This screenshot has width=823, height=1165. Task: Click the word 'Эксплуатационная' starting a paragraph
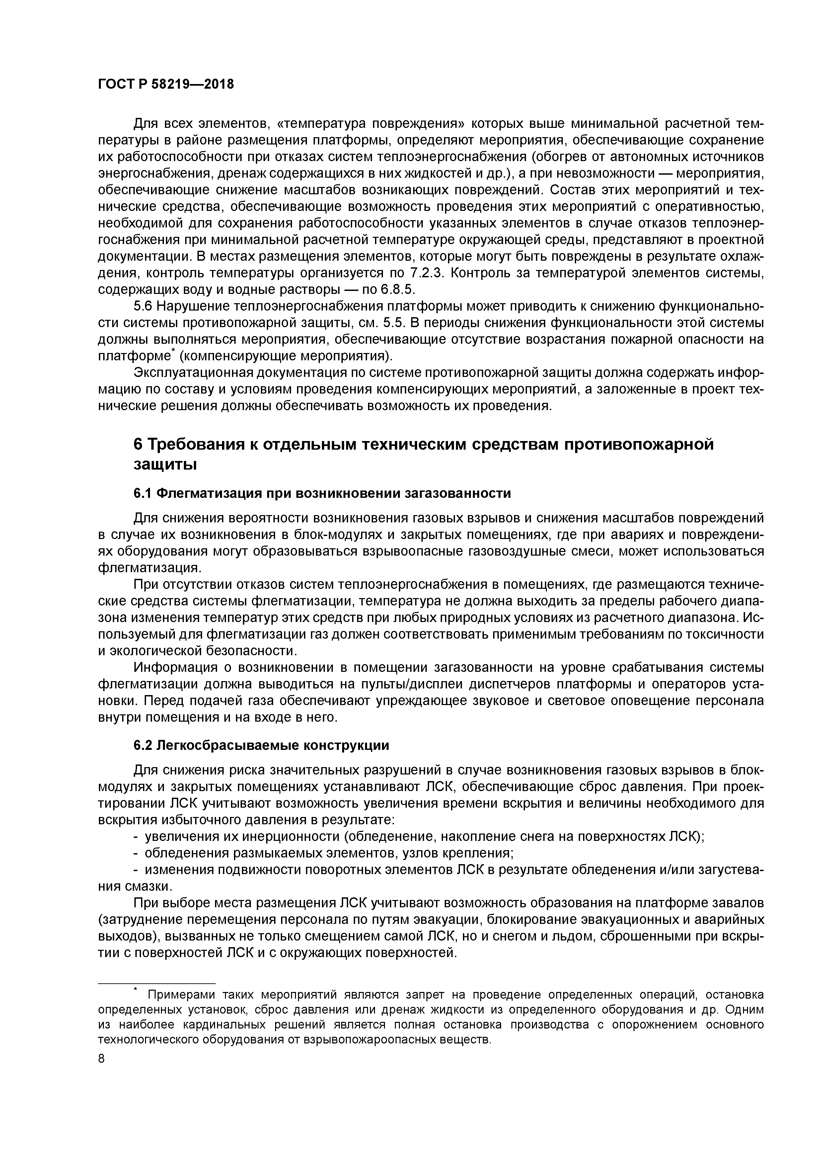point(193,373)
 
